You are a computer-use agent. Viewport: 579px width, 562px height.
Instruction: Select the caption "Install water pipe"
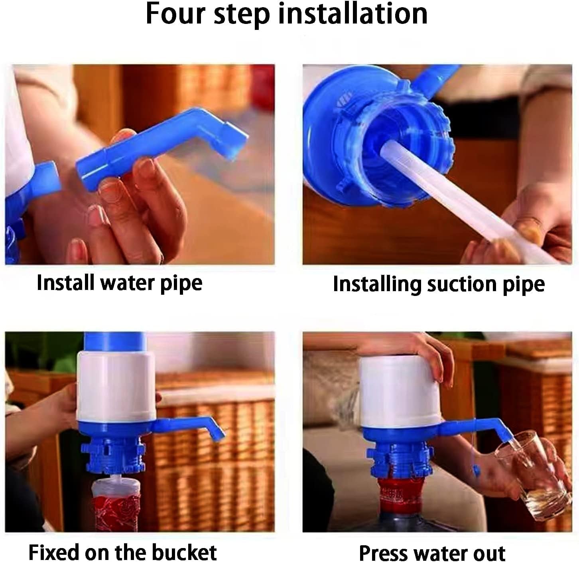tap(119, 283)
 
